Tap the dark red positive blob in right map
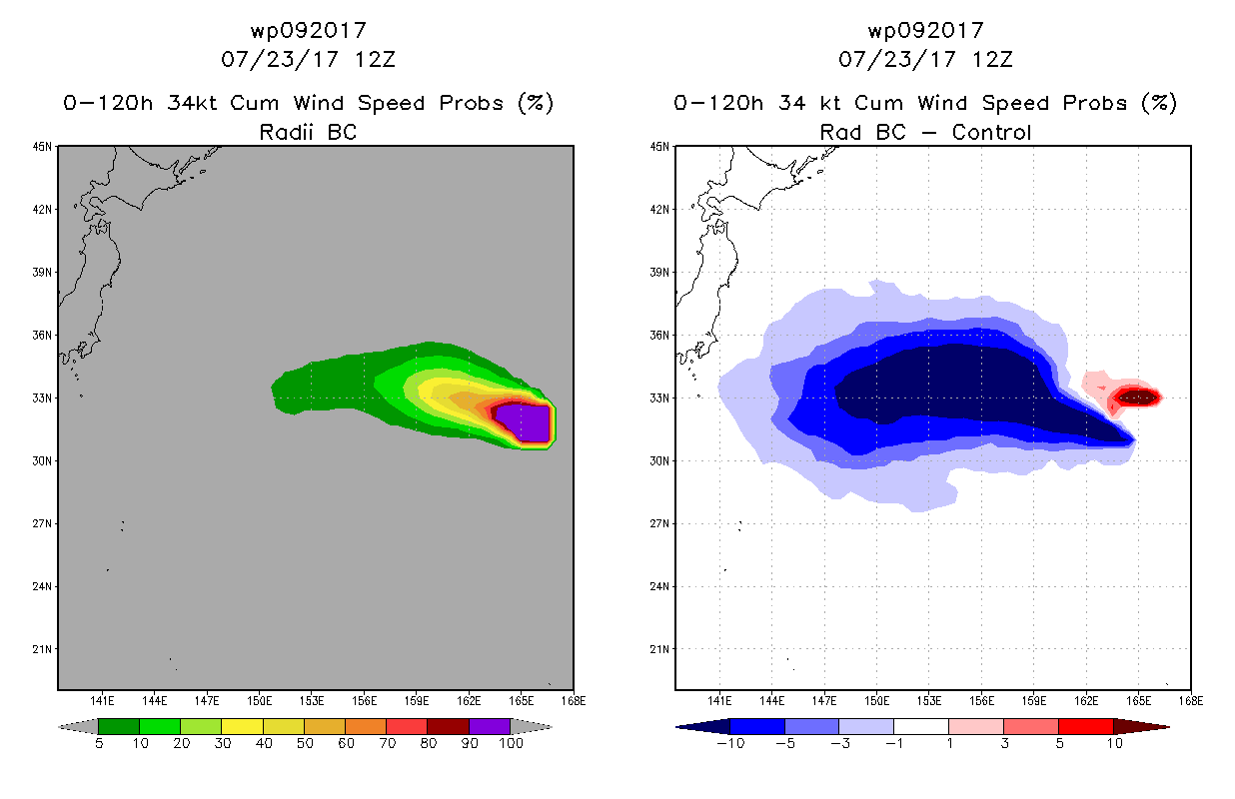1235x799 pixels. [x=1137, y=397]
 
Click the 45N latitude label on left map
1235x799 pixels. [x=42, y=147]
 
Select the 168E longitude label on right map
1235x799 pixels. [x=1191, y=701]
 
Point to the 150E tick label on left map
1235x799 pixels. [x=259, y=701]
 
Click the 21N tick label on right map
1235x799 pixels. [x=659, y=649]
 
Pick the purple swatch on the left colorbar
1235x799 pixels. [x=490, y=726]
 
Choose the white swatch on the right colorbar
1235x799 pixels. [x=920, y=726]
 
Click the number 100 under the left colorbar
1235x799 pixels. [x=511, y=743]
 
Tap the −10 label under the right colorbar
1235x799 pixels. [x=730, y=743]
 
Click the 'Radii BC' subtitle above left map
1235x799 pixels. [x=308, y=132]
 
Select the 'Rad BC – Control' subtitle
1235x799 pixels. [x=925, y=132]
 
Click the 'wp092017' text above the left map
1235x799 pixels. [x=308, y=30]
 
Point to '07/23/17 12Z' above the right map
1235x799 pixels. [x=925, y=59]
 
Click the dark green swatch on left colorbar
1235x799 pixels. [x=119, y=726]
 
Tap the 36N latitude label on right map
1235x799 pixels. [x=659, y=335]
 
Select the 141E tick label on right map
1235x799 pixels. [x=719, y=701]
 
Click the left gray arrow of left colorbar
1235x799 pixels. [x=78, y=727]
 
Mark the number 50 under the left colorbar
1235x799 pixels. [x=305, y=743]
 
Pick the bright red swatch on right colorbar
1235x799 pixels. [x=1086, y=726]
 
